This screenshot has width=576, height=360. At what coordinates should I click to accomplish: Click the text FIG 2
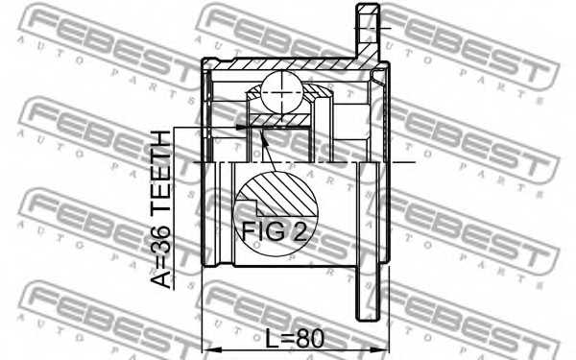coord(274,230)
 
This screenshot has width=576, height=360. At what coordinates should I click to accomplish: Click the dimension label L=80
coord(295,338)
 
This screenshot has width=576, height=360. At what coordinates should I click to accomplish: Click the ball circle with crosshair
coord(282,92)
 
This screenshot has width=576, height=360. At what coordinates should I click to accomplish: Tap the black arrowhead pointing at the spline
coord(240,127)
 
